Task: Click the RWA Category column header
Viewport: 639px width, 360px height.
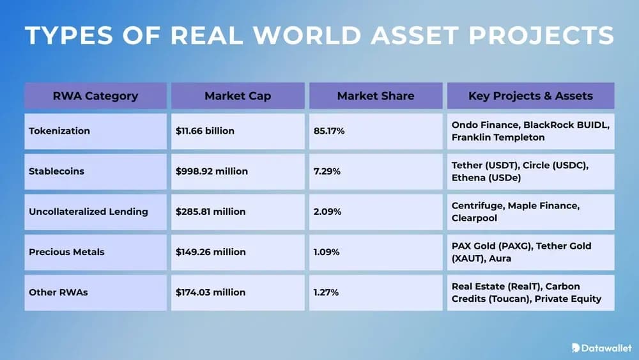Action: (95, 96)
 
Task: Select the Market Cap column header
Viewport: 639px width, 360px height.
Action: (238, 96)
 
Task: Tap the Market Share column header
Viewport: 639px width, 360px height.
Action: (376, 96)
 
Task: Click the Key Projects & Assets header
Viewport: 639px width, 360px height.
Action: (530, 96)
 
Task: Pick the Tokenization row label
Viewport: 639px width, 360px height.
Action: (59, 131)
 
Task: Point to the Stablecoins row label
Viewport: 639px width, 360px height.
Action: (56, 171)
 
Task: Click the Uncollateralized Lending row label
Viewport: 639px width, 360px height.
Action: (88, 212)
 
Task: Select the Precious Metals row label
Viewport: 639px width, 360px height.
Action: (66, 252)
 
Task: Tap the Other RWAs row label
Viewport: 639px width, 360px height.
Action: (58, 292)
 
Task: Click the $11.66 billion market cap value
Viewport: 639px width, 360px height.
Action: (205, 131)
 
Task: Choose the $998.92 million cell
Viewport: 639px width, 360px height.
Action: (212, 171)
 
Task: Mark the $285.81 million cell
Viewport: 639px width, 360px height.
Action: (210, 212)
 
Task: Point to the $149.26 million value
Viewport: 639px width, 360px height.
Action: (210, 252)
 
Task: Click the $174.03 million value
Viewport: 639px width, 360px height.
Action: (210, 292)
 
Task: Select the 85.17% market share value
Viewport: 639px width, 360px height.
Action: (329, 131)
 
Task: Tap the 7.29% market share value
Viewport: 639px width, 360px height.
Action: (327, 171)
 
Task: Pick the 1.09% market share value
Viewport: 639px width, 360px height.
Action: (327, 252)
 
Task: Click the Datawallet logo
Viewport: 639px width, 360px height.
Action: (601, 348)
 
